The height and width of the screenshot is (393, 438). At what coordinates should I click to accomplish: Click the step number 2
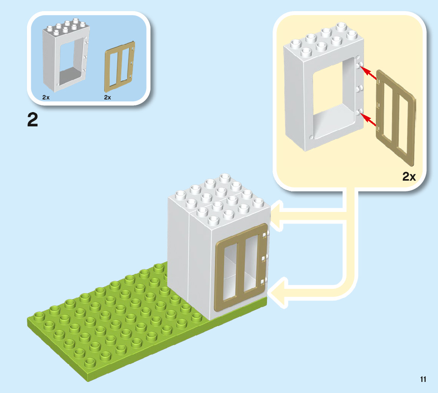(x=32, y=120)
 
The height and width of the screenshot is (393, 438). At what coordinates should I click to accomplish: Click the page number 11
(x=423, y=379)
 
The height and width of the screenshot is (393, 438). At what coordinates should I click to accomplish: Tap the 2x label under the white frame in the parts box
(x=46, y=97)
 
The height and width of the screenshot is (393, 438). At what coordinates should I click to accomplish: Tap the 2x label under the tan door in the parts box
(x=108, y=97)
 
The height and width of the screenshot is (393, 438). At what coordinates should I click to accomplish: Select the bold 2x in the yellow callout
(x=409, y=177)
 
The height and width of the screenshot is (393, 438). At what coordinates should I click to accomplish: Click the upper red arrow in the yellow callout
(x=370, y=74)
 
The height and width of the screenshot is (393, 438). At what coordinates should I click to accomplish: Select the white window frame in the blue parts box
(x=65, y=55)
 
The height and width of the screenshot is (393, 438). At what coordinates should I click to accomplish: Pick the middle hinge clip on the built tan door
(x=264, y=259)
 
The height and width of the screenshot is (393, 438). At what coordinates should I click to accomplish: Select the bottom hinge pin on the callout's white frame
(x=359, y=114)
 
